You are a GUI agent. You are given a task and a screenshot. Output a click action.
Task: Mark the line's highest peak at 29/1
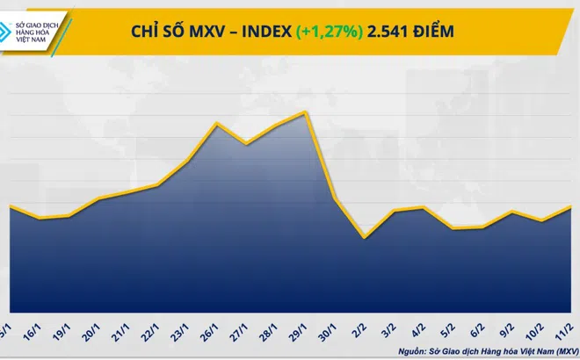point(305,112)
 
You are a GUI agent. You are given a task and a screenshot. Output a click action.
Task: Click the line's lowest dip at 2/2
point(365,237)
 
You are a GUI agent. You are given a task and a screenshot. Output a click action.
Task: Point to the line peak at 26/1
point(217,123)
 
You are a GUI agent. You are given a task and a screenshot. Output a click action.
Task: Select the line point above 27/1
point(247,143)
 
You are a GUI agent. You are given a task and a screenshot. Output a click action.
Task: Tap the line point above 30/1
point(335,200)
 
